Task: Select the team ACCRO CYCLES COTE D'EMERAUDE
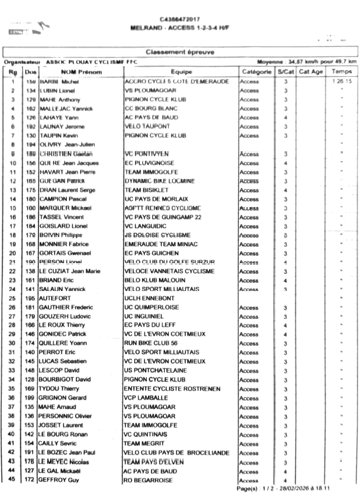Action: (x=176, y=81)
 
